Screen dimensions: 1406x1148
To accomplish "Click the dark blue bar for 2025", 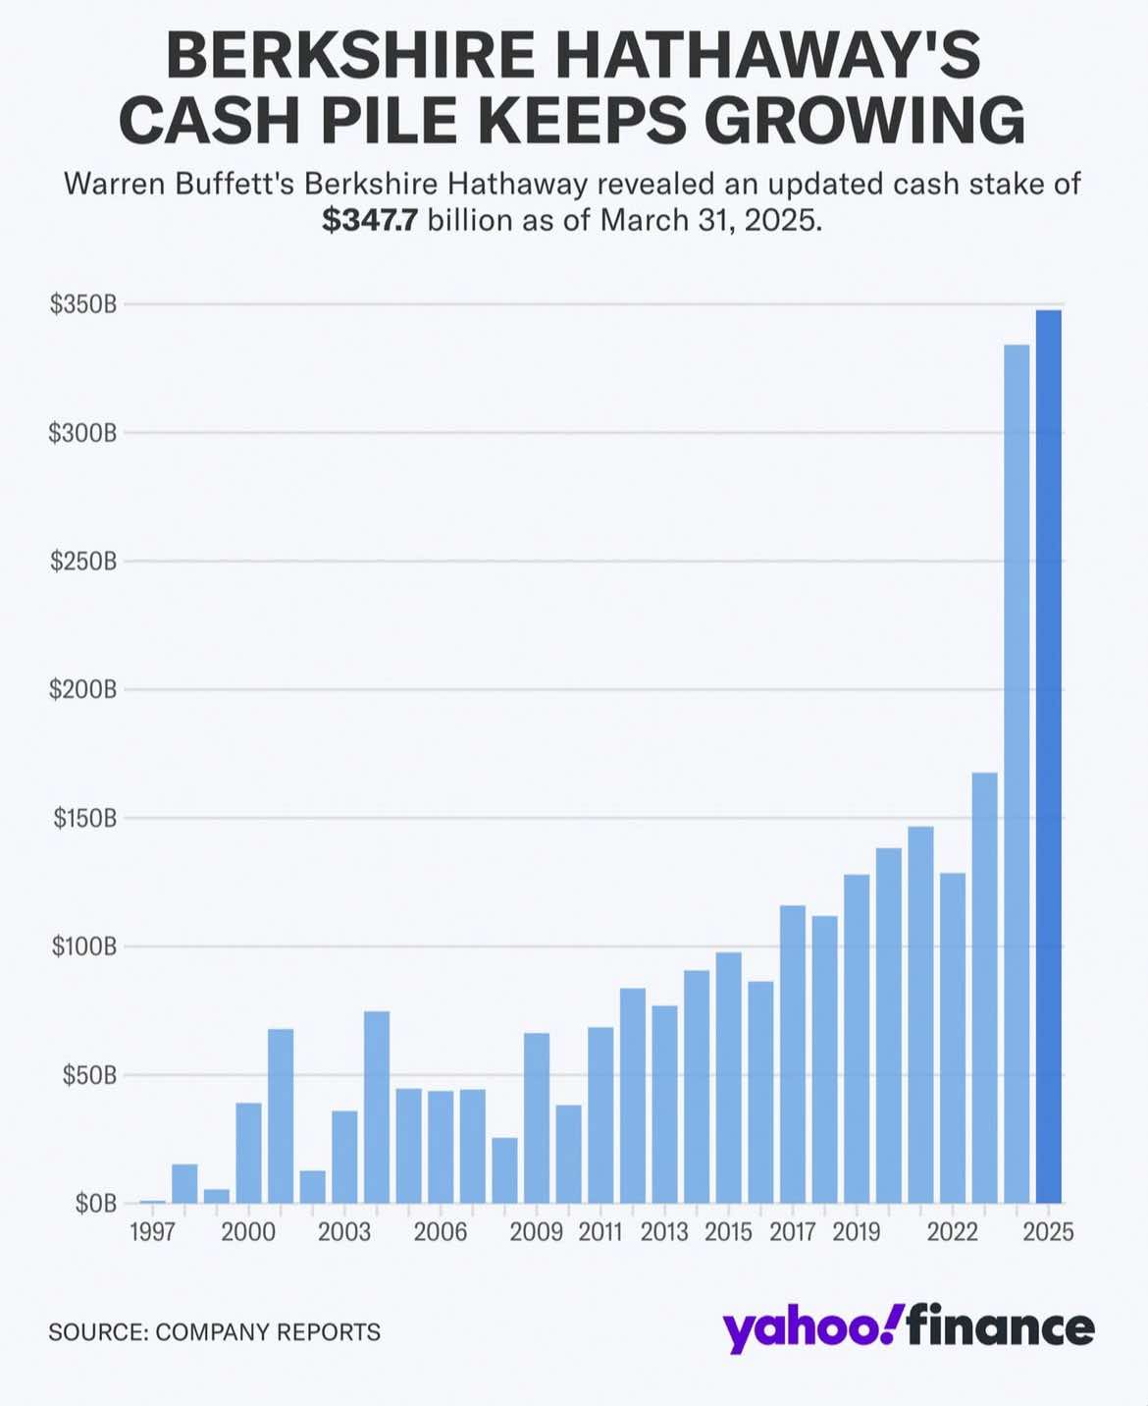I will click(x=1048, y=756).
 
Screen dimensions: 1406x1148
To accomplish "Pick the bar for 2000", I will click(x=248, y=1153).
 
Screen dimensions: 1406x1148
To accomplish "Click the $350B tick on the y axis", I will click(x=83, y=304).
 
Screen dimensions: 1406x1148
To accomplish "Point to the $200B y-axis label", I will click(x=83, y=690).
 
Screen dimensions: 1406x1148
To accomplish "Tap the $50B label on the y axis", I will click(x=89, y=1075).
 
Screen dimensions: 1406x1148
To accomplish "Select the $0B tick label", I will click(x=95, y=1204).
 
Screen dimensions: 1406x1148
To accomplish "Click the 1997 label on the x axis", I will click(x=153, y=1232).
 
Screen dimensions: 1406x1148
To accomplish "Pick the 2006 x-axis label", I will click(x=441, y=1232).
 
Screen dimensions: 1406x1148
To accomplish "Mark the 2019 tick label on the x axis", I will click(x=857, y=1232).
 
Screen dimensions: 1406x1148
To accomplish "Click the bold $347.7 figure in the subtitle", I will click(x=369, y=221).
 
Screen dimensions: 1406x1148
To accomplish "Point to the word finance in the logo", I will click(x=1000, y=1327).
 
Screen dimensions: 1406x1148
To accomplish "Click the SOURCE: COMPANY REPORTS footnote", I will click(x=215, y=1332).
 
